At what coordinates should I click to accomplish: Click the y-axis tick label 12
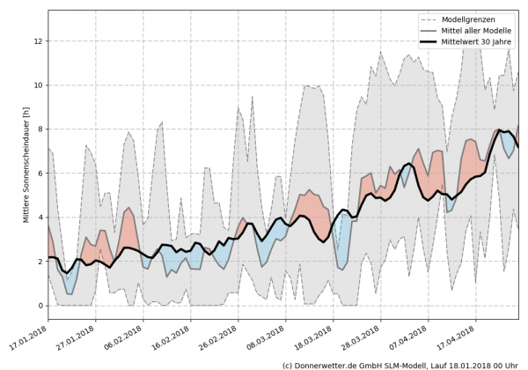(x=38, y=41)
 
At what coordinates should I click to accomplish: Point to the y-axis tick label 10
(x=38, y=85)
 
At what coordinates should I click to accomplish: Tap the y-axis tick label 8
(x=40, y=129)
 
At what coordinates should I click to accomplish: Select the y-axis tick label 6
(x=40, y=173)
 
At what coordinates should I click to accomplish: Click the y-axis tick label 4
(x=40, y=217)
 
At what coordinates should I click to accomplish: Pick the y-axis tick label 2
(x=40, y=262)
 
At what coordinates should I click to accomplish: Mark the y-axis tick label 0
(x=40, y=306)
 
